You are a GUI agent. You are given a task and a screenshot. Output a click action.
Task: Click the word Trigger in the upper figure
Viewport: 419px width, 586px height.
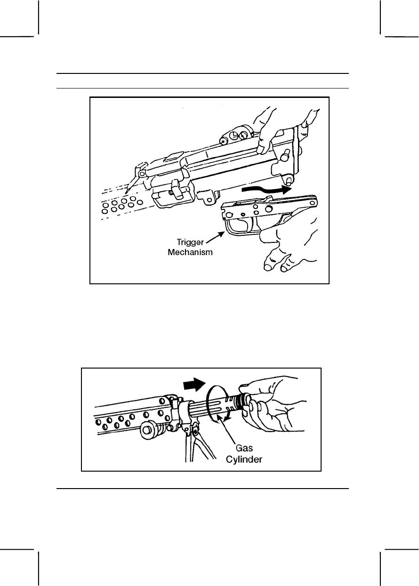[191, 242]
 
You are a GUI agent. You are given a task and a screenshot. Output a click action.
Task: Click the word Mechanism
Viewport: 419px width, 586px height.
[190, 252]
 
